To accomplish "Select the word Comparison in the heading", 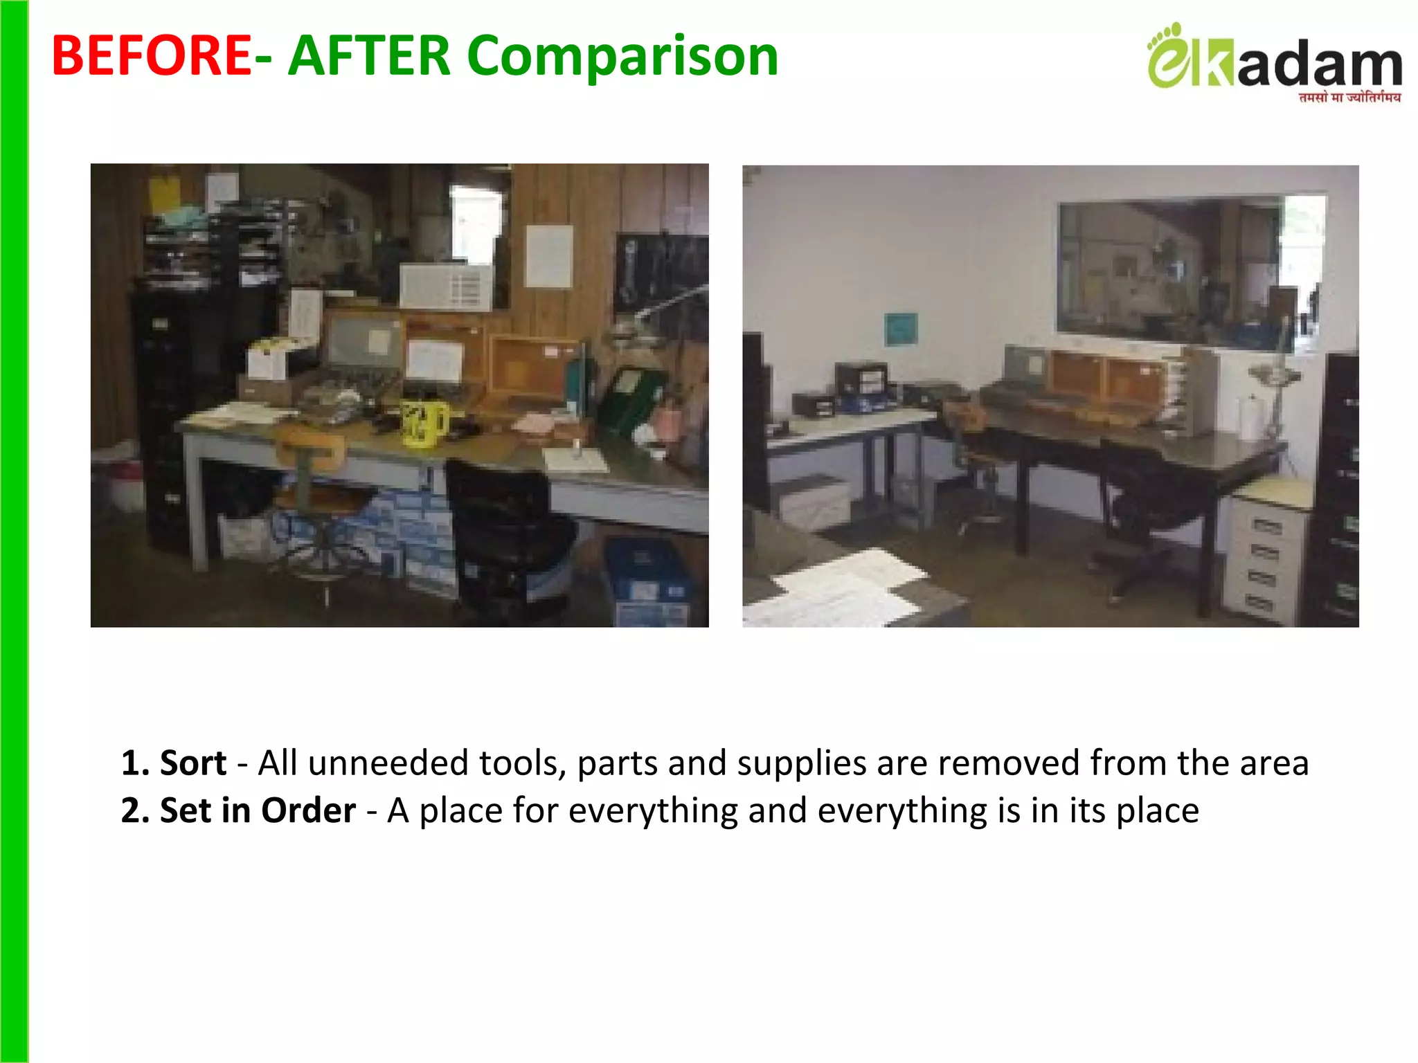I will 622,57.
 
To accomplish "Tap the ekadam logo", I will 1274,62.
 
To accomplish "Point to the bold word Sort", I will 192,763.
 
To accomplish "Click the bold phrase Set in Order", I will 258,810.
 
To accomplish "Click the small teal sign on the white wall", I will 901,329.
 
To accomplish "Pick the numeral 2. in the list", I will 135,810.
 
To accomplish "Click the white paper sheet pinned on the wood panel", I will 549,256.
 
